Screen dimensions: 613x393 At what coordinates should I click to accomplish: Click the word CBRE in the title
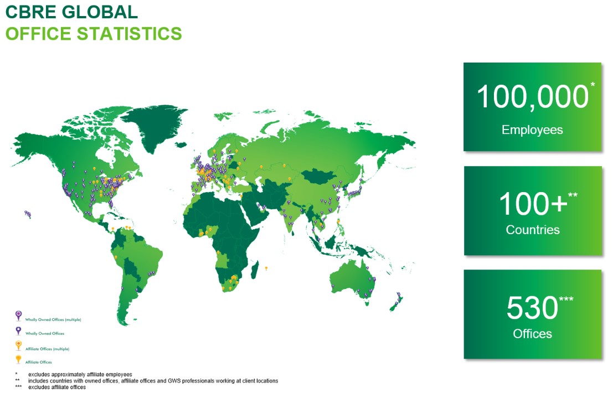31,12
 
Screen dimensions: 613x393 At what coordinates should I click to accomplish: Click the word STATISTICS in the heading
130,34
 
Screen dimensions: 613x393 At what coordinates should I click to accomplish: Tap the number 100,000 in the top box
533,96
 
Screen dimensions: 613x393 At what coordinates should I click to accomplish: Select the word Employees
532,130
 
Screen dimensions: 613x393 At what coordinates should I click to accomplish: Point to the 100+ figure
533,204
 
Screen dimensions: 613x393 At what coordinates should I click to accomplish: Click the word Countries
533,230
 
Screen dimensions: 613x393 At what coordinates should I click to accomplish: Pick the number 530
532,308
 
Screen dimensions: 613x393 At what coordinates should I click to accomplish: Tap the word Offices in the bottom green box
533,334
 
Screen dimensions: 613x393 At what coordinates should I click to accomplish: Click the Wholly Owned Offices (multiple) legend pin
18,316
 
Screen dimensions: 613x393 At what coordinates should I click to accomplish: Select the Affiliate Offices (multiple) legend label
47,349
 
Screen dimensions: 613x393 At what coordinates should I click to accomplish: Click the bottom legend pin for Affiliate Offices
18,359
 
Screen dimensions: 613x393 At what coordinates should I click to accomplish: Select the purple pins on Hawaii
28,214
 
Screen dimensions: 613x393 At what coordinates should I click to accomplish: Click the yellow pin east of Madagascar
266,268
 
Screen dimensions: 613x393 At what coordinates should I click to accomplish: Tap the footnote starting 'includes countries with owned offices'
153,381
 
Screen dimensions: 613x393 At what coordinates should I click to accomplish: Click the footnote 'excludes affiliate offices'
57,387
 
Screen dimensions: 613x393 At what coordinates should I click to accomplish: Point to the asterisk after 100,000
593,84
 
